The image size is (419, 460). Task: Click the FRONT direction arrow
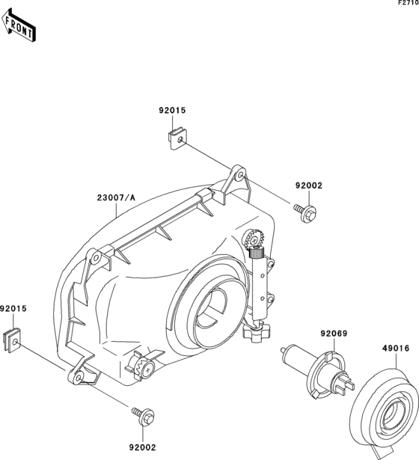(19, 25)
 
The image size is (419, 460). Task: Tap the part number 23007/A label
(116, 198)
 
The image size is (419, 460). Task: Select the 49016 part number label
(396, 349)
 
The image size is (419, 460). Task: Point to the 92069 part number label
(334, 334)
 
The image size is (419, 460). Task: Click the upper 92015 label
(173, 110)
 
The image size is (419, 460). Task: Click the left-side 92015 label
(13, 309)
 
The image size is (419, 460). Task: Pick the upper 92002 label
(309, 185)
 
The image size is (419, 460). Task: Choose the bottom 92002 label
(143, 447)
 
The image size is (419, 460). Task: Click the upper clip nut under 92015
(178, 138)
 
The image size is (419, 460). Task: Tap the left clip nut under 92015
(12, 340)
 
